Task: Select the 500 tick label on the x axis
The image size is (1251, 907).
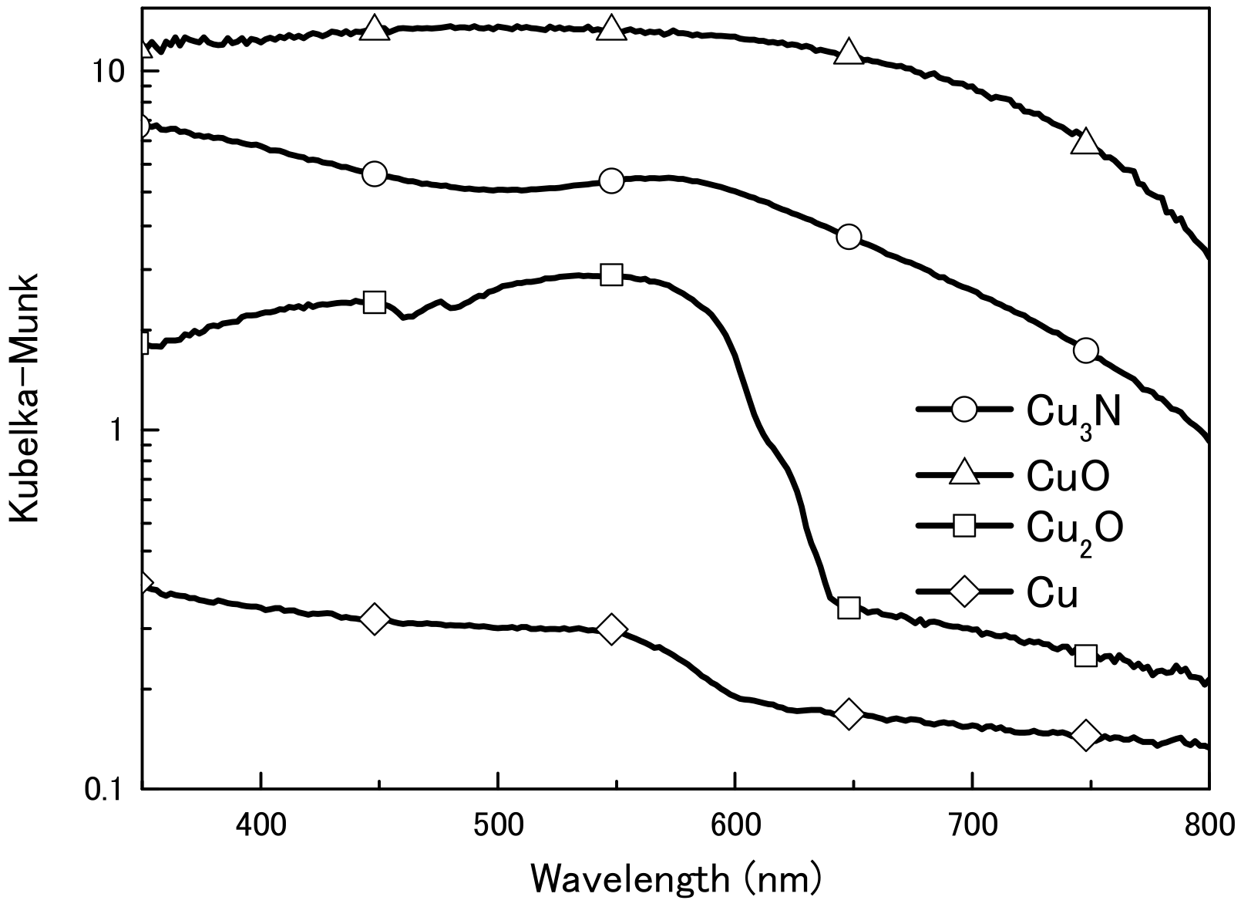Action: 499,826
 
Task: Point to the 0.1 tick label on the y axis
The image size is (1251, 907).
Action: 101,790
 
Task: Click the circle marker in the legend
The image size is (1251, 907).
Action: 964,410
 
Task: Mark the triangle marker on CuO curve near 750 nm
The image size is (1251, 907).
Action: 1085,142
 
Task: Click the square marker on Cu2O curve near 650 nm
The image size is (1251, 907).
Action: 849,608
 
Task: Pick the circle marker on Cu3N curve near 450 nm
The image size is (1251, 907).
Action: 375,174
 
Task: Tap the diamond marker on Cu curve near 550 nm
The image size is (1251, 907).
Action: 611,629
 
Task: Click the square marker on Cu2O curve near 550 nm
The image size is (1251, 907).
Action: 611,275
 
